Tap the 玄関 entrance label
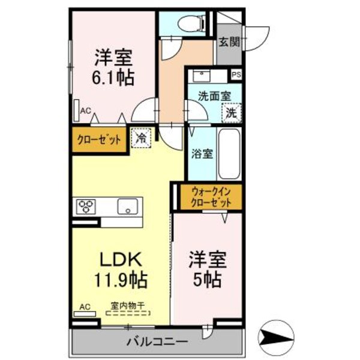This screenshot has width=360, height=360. pos(229,42)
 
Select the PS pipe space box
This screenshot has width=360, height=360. pos(236,74)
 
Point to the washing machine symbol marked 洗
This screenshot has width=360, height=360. pos(231,112)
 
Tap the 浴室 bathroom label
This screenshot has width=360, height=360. pos(200,154)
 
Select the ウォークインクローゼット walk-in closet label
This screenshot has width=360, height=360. pos(211,197)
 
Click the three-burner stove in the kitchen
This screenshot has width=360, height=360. pos(86,206)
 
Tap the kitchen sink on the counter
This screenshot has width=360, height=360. pos(127,206)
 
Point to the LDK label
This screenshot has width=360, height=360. pos(120,259)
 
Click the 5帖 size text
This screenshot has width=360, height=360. pos(208,278)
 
